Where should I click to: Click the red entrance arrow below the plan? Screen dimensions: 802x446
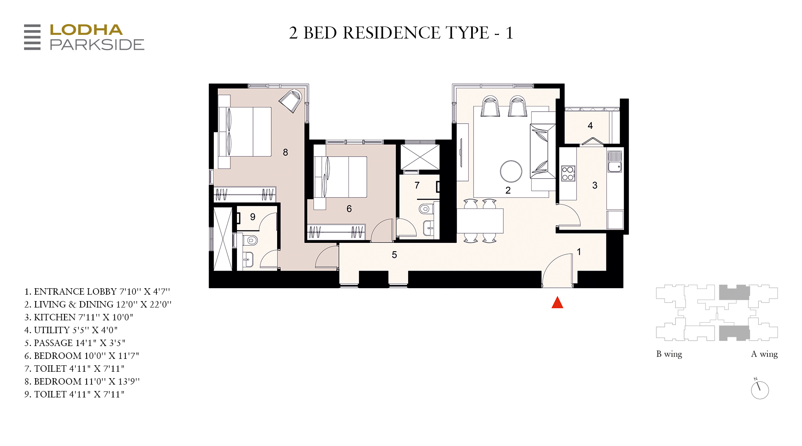click(x=557, y=302)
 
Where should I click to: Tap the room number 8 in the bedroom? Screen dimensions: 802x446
click(x=286, y=153)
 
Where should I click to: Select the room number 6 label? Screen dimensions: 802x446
click(x=349, y=209)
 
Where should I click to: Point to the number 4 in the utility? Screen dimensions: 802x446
click(x=590, y=126)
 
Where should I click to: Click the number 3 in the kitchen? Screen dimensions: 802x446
click(x=595, y=185)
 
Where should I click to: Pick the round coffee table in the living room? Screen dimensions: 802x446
click(x=511, y=171)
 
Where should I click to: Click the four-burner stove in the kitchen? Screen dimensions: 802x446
click(x=568, y=173)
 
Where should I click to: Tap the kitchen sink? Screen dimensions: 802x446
click(x=614, y=161)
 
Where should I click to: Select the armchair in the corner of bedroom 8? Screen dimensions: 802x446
click(x=291, y=101)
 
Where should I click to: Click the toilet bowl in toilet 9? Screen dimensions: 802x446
click(x=250, y=240)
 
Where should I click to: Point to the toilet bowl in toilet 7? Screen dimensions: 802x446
click(x=425, y=209)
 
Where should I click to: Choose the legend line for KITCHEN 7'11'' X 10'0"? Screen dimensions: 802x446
click(x=79, y=317)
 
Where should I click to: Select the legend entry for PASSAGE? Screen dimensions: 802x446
click(x=75, y=343)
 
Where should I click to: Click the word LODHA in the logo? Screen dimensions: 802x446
click(x=86, y=30)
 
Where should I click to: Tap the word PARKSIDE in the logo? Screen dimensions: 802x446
click(x=97, y=45)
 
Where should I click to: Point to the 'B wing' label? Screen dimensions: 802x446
click(x=669, y=354)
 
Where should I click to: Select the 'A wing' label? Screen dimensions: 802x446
click(x=764, y=354)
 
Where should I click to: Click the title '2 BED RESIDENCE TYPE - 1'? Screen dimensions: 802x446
click(x=401, y=33)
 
